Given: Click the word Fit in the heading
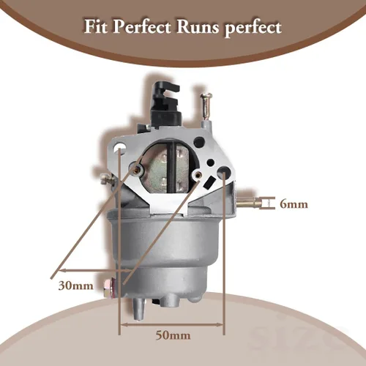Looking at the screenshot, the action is pyautogui.click(x=96, y=26).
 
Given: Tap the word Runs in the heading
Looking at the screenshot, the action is pyautogui.click(x=198, y=27).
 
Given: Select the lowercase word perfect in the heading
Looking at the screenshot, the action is pyautogui.click(x=253, y=28).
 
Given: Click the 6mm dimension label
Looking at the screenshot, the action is pyautogui.click(x=294, y=204).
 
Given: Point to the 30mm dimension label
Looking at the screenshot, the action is pyautogui.click(x=75, y=285).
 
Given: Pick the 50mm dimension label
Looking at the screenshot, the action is pyautogui.click(x=173, y=335).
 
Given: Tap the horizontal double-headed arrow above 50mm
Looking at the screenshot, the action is pyautogui.click(x=172, y=325).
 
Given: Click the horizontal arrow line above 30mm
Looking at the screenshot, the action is pyautogui.click(x=95, y=270).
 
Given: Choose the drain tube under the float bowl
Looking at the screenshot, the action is pyautogui.click(x=139, y=310).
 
